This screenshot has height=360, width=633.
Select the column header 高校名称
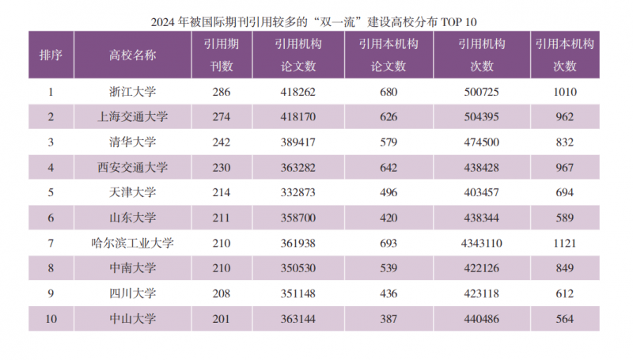[x=132, y=55]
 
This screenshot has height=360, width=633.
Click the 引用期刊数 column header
[x=222, y=55]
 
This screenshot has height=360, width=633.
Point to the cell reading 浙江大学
[x=132, y=92]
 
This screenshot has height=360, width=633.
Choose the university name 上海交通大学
[x=132, y=117]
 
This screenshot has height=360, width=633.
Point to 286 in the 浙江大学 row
[x=222, y=92]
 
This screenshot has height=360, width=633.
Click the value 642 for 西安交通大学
[x=388, y=167]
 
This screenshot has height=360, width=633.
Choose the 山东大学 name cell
[x=132, y=218]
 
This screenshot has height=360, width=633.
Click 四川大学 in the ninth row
[x=132, y=293]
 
